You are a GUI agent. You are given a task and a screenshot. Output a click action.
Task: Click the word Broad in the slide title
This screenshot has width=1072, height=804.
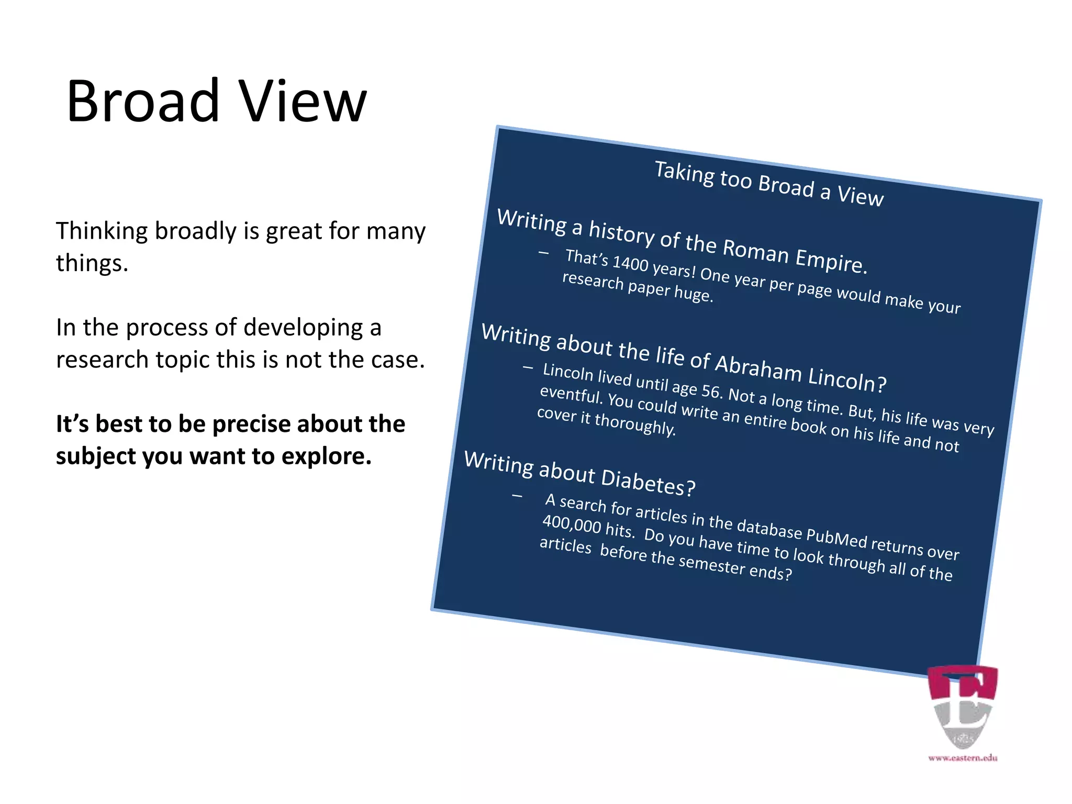point(142,100)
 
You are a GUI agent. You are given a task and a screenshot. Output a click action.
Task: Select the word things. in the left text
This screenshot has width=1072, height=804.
point(92,263)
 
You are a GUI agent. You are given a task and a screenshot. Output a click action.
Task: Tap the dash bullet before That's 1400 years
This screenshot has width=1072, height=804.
point(543,253)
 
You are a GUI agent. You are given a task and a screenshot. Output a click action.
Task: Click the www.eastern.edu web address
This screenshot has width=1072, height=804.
point(963,757)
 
